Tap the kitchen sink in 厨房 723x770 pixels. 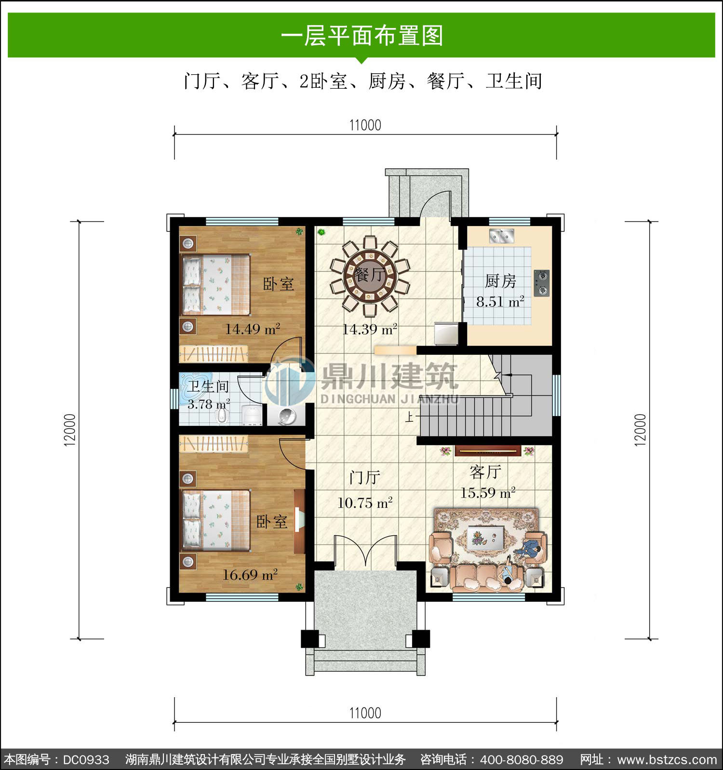tap(502, 236)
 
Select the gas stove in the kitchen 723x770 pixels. tap(542, 283)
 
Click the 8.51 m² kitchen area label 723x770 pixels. tap(500, 302)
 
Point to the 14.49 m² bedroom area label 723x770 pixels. tap(253, 329)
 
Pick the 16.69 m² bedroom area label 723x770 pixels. tap(250, 575)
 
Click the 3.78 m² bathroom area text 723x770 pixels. tap(209, 404)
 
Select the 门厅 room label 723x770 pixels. tap(365, 478)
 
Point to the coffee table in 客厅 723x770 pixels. tap(485, 538)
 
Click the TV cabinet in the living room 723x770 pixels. tap(487, 451)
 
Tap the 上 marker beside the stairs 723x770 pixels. tap(409, 417)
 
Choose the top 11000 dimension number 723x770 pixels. tap(365, 125)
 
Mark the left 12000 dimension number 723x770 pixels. tap(70, 430)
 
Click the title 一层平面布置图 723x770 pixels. tap(361, 36)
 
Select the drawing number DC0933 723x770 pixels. tap(86, 760)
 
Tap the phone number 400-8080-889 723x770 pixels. tap(522, 760)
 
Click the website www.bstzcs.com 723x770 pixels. tap(667, 760)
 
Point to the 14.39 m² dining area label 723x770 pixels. tap(370, 330)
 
